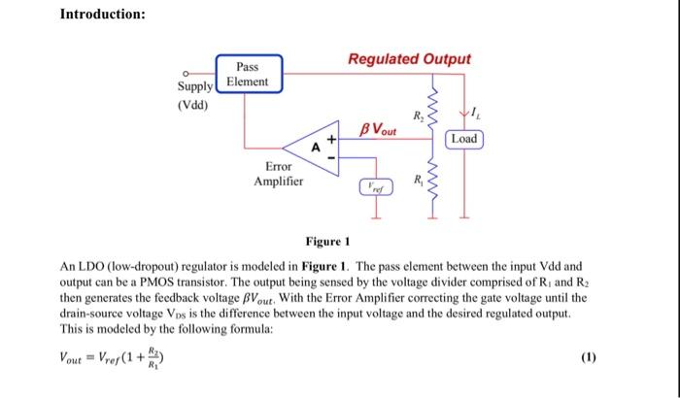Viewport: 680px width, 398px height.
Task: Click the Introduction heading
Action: point(103,15)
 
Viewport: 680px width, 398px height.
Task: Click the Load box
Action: point(464,139)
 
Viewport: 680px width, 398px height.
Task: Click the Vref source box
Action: point(374,186)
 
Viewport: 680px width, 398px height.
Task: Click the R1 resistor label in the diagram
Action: point(418,181)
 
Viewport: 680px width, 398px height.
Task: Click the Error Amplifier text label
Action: point(278,174)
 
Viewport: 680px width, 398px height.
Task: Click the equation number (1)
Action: point(587,358)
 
